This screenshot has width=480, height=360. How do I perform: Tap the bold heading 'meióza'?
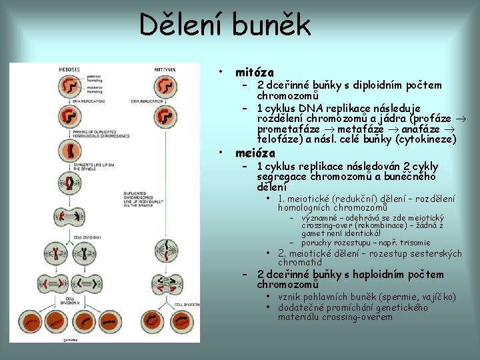click(x=255, y=153)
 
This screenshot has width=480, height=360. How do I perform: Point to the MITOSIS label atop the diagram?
click(x=165, y=69)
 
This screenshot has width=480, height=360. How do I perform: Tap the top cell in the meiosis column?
click(x=69, y=85)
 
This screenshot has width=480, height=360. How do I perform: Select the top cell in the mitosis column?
click(x=165, y=86)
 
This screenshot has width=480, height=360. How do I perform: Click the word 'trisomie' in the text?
click(x=414, y=243)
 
